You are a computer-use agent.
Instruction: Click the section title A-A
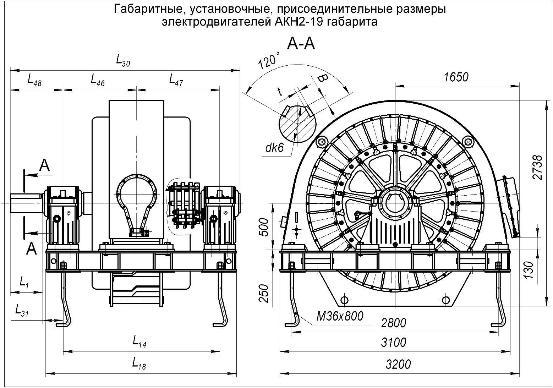pos(301,44)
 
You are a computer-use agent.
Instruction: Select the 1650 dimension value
pos(456,77)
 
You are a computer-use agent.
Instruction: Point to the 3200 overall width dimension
pos(398,364)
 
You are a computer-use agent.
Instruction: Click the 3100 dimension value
pos(394,343)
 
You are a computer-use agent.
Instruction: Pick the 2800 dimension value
pos(394,323)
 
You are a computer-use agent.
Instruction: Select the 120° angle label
pos(269,60)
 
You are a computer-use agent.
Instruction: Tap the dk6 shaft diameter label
pos(275,148)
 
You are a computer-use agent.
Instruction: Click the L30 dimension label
pos(123,61)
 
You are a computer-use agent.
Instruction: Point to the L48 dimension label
pos(34,80)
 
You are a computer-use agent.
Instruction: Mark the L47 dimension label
pos(176,80)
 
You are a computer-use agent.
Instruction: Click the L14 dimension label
pos(139,342)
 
